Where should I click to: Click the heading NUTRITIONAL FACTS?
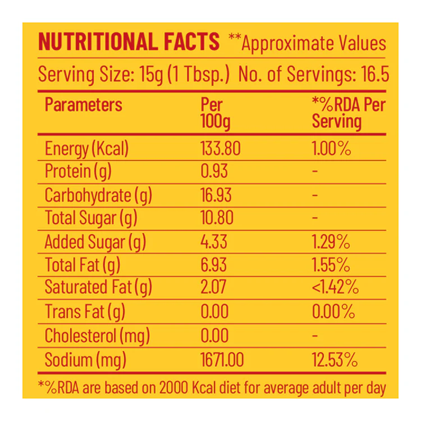[129, 42]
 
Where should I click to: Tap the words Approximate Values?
[314, 43]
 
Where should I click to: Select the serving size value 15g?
[151, 74]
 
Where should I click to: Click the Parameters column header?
[84, 104]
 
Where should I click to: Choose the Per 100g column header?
[216, 113]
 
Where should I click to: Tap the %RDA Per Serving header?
[349, 113]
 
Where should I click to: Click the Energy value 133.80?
[221, 148]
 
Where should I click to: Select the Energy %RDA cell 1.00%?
[331, 148]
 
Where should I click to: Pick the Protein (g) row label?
[78, 172]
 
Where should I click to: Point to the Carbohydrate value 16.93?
[216, 195]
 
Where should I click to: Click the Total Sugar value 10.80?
[217, 218]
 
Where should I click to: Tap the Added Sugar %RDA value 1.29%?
[331, 241]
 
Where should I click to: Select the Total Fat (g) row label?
[83, 266]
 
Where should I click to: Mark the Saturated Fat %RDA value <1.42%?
[335, 287]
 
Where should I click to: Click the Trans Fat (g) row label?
[85, 312]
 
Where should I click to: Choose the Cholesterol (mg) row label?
[97, 336]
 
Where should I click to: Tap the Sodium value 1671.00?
[222, 360]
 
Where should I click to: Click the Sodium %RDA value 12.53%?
[335, 360]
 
